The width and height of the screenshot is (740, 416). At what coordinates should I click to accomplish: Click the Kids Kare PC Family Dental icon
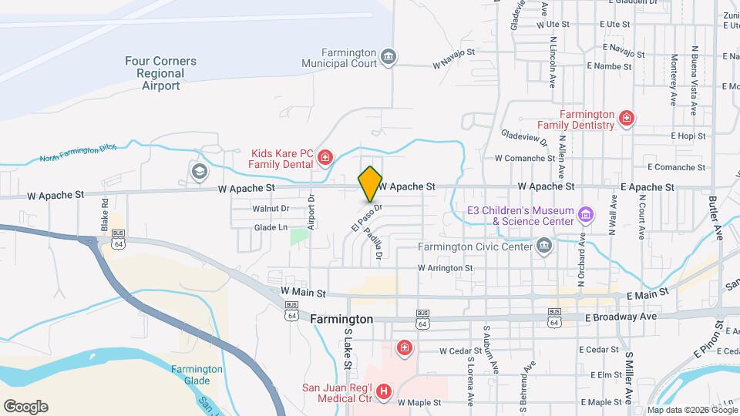pyautogui.click(x=325, y=159)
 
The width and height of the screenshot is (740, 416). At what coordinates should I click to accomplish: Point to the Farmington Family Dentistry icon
pyautogui.click(x=627, y=119)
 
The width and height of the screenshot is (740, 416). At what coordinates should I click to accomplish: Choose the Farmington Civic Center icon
pyautogui.click(x=544, y=247)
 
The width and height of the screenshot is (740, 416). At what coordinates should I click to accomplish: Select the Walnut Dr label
pyautogui.click(x=271, y=208)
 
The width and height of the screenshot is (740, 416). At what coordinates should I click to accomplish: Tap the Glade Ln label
pyautogui.click(x=270, y=227)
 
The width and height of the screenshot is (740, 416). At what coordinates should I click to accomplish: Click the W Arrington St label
pyautogui.click(x=445, y=268)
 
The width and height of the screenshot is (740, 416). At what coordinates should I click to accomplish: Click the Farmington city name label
pyautogui.click(x=341, y=319)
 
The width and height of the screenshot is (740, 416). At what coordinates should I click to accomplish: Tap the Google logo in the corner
pyautogui.click(x=25, y=407)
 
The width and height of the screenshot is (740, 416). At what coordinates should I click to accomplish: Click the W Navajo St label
pyautogui.click(x=454, y=59)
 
